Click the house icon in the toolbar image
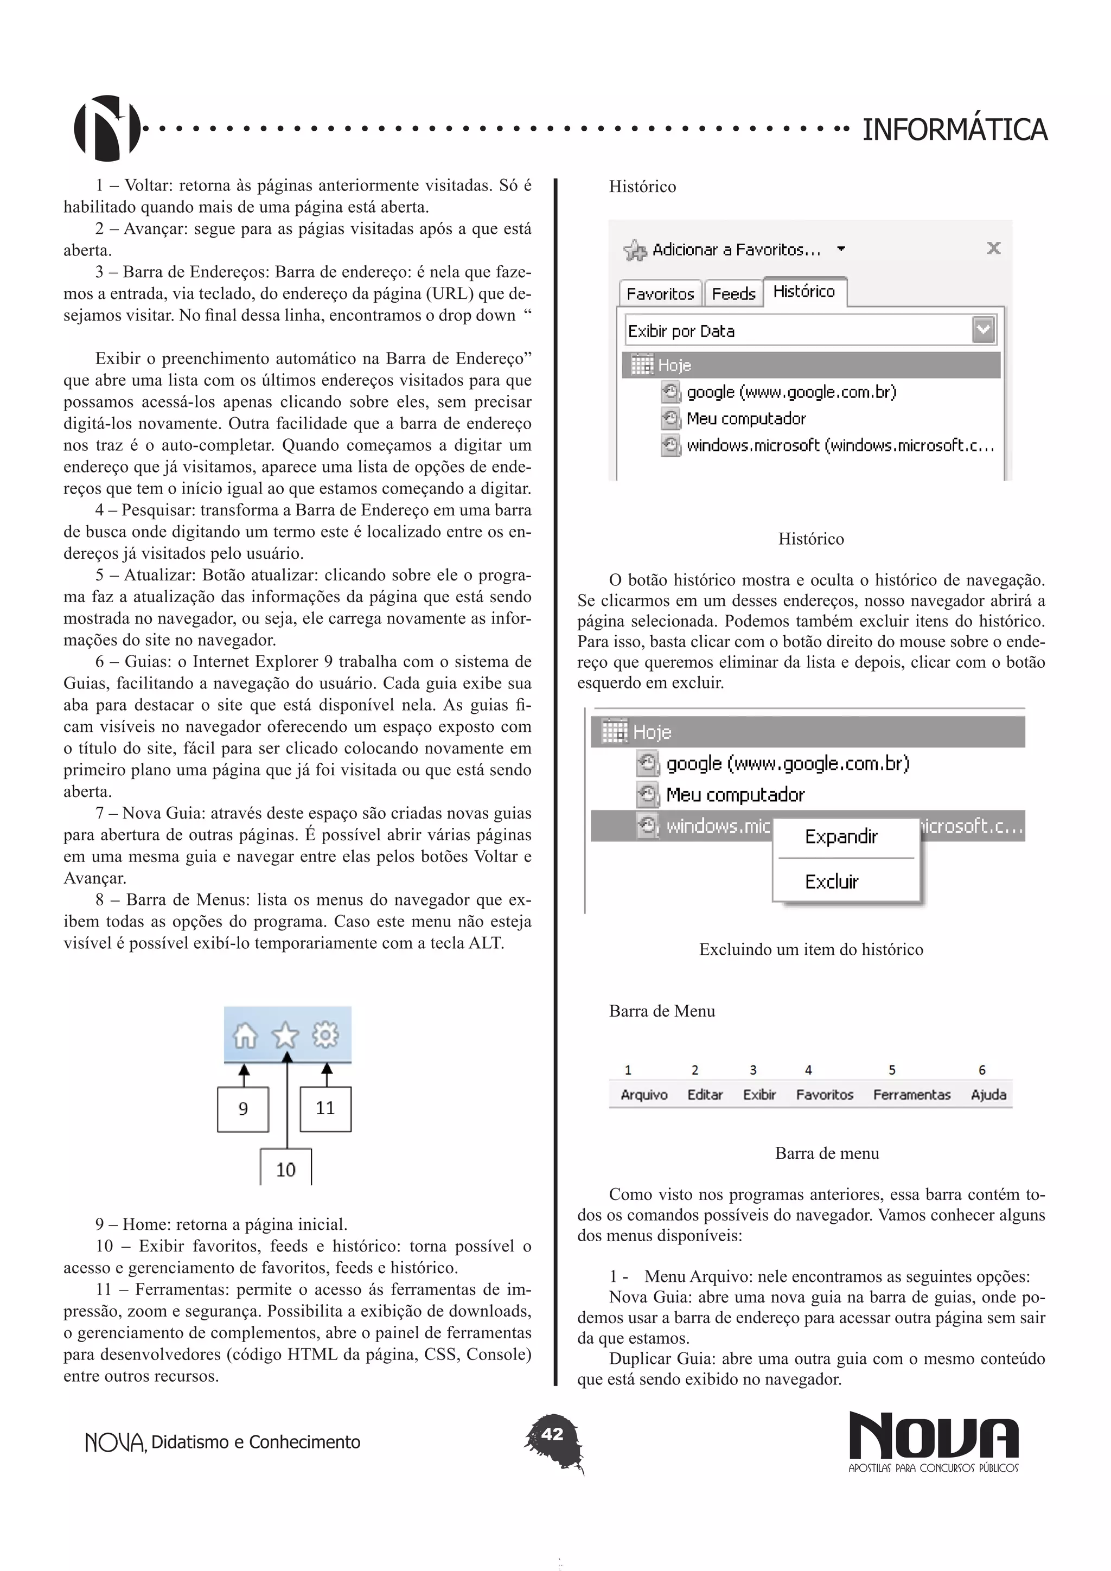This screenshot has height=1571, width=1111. click(x=245, y=1035)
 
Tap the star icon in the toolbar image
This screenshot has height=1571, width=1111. click(x=286, y=1035)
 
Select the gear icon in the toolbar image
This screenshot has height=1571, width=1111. click(x=325, y=1034)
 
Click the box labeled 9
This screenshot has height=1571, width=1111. click(x=243, y=1108)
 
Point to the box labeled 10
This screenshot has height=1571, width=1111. click(x=286, y=1170)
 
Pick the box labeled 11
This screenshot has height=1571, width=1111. click(x=325, y=1108)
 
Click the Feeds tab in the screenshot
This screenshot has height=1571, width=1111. click(x=733, y=294)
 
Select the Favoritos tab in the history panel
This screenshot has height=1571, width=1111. click(x=660, y=294)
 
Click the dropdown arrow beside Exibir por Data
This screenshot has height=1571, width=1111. click(x=983, y=330)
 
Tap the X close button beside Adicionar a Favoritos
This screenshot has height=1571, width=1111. click(x=993, y=248)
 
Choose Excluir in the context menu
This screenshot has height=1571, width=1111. click(x=831, y=882)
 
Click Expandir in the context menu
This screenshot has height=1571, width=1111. click(x=841, y=836)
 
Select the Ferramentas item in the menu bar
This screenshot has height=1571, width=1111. click(x=911, y=1095)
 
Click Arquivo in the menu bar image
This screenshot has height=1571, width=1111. click(x=644, y=1095)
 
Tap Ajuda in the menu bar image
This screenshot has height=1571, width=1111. click(x=988, y=1095)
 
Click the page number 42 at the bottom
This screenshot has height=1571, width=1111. click(x=553, y=1434)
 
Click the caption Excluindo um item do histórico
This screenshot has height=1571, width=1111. click(x=810, y=949)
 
